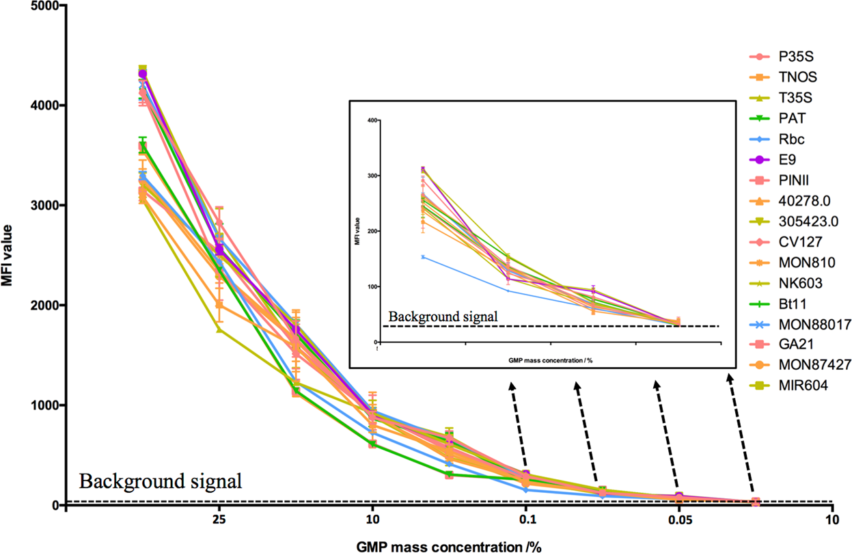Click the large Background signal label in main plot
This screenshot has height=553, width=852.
click(x=161, y=481)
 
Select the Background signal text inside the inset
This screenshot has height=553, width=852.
click(x=443, y=316)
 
